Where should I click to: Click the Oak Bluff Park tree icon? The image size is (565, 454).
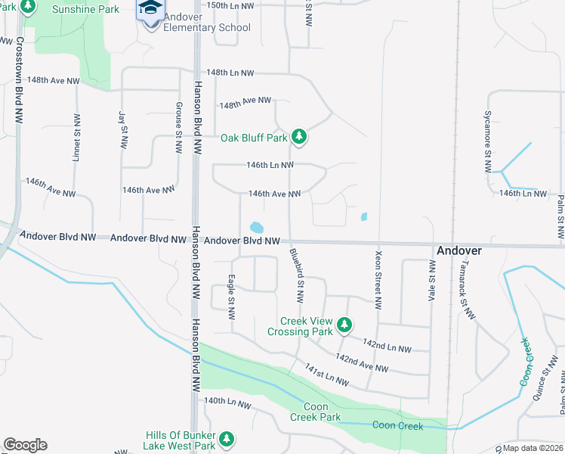pyautogui.click(x=300, y=136)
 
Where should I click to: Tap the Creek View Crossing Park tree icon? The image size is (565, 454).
pyautogui.click(x=344, y=325)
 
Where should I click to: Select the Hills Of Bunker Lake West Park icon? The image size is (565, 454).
pyautogui.click(x=225, y=438)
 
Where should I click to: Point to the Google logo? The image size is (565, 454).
pyautogui.click(x=25, y=445)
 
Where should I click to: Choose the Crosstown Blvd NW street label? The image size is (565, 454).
pyautogui.click(x=18, y=79)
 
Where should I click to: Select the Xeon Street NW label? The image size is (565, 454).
pyautogui.click(x=377, y=280)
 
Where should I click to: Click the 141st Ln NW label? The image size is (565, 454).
pyautogui.click(x=328, y=376)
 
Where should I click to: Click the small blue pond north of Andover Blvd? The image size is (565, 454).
pyautogui.click(x=256, y=227)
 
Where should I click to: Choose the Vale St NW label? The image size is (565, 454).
pyautogui.click(x=432, y=280)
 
